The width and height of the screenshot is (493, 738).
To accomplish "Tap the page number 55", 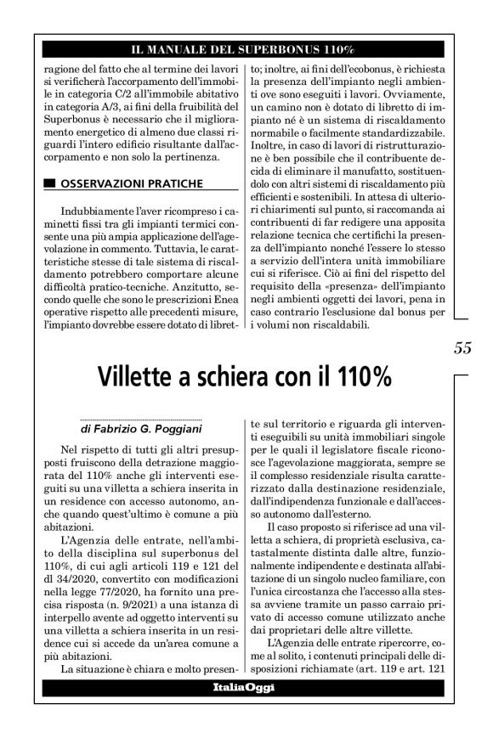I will (462, 347).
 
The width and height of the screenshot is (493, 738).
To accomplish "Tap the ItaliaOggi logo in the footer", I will (243, 684).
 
